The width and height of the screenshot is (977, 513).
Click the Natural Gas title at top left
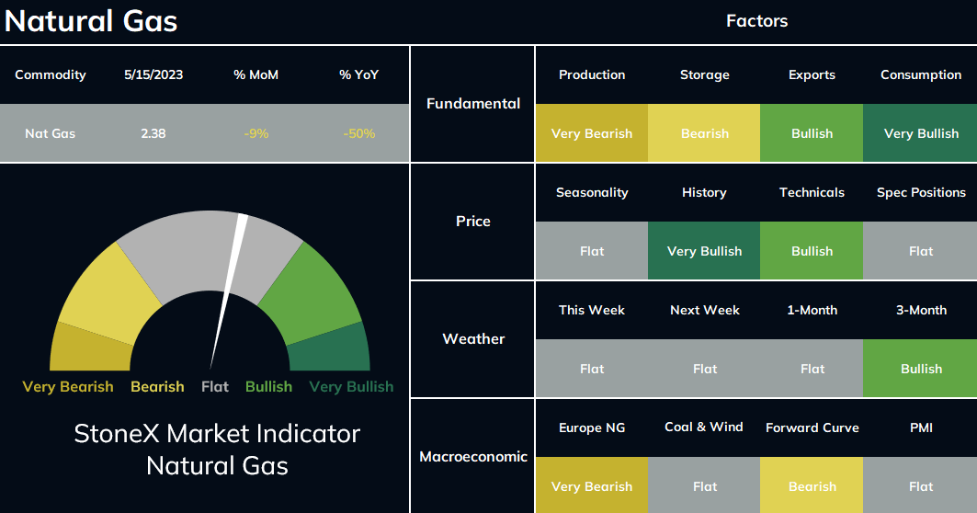91,20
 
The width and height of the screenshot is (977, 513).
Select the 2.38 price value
153,133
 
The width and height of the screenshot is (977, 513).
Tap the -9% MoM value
256,133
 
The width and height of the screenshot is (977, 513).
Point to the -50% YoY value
358,133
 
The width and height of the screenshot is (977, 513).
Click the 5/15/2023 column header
153,74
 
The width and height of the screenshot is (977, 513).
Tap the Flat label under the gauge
215,386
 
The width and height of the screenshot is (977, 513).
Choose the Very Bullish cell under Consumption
920,133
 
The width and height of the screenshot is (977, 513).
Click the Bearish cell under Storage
704,133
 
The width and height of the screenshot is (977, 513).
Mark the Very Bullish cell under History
704,251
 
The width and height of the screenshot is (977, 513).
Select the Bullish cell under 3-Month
920,369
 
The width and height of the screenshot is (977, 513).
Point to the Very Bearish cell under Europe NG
591,486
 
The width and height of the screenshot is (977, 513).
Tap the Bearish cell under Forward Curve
812,486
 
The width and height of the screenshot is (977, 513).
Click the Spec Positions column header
921,193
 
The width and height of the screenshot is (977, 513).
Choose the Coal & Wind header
704,427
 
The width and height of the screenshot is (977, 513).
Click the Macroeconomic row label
473,456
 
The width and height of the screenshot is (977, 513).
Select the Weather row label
473,338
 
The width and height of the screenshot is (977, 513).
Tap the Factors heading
757,20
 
